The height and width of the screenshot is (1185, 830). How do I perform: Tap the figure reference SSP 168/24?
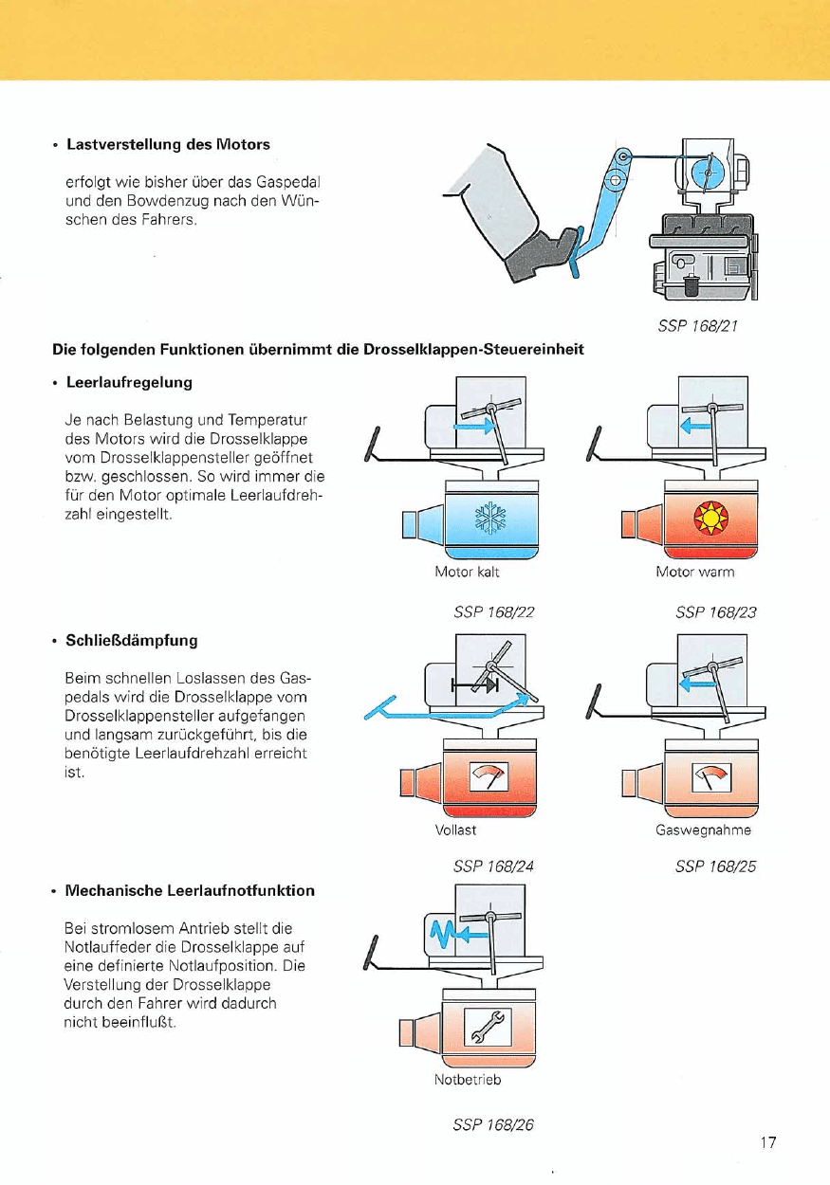pos(493,866)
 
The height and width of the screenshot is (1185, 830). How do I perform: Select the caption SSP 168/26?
pos(493,1125)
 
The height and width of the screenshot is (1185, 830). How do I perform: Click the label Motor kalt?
pos(467,573)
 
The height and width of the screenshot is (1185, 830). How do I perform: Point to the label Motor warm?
pos(695,573)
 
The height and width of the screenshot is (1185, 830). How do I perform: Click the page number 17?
pos(767,1142)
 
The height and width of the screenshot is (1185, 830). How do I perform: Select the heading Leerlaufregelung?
pos(129,382)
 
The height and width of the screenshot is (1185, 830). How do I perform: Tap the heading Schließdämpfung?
pos(132,640)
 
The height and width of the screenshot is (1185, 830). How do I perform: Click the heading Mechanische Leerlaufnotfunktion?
pos(190,891)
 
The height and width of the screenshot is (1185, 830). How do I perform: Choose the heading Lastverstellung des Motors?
pos(168,144)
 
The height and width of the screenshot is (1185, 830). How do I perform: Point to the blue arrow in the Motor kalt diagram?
pos(473,428)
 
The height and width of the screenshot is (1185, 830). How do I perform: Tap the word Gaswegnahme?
pos(703,830)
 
